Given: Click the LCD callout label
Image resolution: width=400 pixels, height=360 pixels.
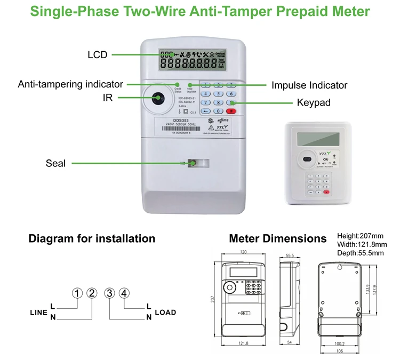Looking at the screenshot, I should pos(98,55).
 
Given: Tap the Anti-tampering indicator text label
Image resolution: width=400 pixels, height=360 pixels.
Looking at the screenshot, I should pos(70,84).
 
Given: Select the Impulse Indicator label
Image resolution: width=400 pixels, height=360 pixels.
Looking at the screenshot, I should pos(309,85).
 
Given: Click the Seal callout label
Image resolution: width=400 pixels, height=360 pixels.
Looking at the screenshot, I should pos(55,163).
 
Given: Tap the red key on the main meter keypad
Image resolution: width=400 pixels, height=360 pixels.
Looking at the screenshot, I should pos(231,111).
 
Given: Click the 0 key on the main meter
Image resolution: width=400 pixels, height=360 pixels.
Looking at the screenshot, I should pos(218,111).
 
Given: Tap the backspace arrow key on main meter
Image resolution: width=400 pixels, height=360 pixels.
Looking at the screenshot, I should pos(205,111).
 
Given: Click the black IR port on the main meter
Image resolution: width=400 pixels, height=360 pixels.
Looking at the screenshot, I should pos(158,98).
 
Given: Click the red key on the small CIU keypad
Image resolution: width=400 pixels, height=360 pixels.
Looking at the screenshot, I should pos(326,192).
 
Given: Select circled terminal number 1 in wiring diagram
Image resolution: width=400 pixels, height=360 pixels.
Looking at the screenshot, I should pos(78,293).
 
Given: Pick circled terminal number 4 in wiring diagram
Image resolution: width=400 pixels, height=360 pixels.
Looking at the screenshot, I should pos(124,293).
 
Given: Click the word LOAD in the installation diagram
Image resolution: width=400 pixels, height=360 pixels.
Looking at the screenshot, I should pos(165,312).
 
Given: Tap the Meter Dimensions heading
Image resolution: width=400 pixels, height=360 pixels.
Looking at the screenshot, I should pos(277,238).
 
